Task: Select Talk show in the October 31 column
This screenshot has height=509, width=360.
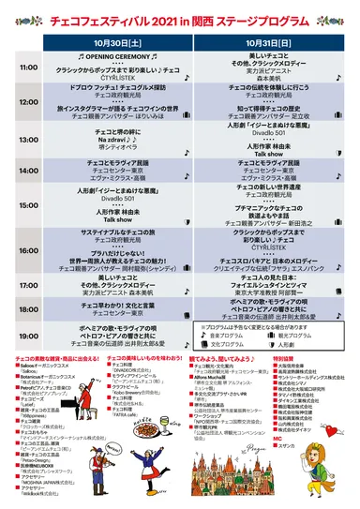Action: click(x=263, y=153)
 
